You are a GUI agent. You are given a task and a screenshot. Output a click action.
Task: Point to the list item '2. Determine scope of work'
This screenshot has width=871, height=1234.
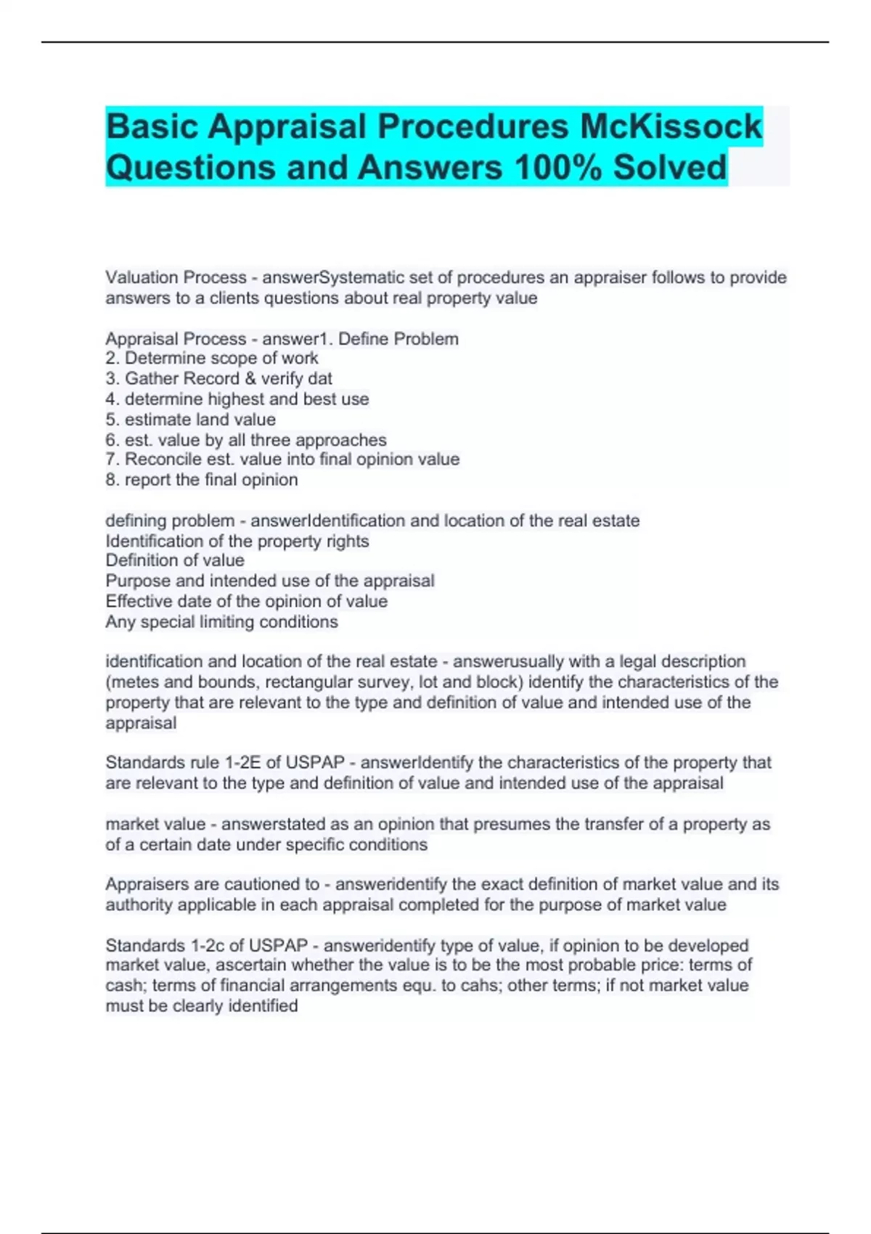[212, 358]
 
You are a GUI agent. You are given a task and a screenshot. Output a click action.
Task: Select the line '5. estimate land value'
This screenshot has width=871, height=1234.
[191, 420]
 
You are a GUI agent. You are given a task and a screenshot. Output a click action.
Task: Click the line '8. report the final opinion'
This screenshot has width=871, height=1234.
[202, 480]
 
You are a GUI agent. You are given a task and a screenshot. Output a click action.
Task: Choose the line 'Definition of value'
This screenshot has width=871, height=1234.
[175, 560]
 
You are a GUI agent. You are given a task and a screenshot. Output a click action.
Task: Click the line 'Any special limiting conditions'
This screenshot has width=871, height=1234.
[221, 622]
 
